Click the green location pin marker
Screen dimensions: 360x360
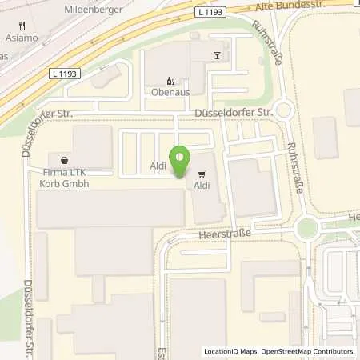[182, 162]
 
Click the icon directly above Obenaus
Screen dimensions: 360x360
[170, 81]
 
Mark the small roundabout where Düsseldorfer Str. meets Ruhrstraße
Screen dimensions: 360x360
[286, 111]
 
